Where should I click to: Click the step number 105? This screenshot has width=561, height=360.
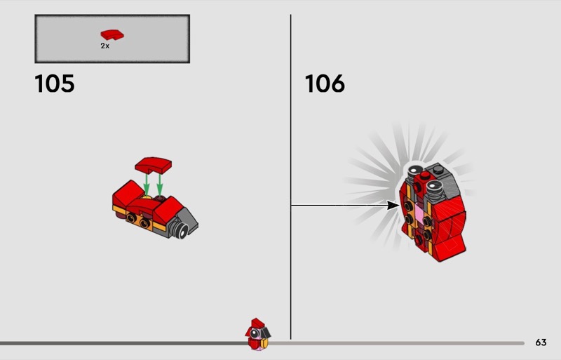point(55,84)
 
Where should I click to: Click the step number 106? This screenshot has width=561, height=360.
point(325,84)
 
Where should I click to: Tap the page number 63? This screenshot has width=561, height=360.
point(541,342)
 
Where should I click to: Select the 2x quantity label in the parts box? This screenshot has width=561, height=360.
point(104,46)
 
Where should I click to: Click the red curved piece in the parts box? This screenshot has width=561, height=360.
point(112,35)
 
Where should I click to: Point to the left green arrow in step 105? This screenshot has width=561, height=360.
point(147,184)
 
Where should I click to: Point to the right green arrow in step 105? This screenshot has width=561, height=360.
point(160,184)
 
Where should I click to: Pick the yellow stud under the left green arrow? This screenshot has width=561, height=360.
point(147,197)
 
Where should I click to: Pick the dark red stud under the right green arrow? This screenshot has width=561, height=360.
point(160,197)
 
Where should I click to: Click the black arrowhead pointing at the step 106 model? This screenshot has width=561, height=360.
point(393,205)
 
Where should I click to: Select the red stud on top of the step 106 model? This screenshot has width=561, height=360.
point(425,175)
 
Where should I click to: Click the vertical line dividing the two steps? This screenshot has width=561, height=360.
point(290,177)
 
